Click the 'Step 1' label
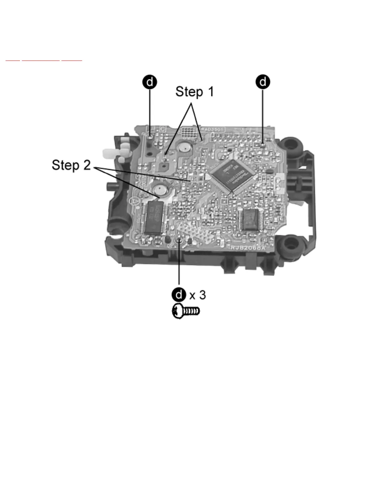tap(194, 92)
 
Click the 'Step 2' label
tap(71, 165)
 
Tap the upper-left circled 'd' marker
tap(150, 82)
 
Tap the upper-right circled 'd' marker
tap(263, 81)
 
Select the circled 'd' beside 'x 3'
tap(179, 295)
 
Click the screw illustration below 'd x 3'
tap(186, 311)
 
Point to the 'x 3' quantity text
tap(198, 295)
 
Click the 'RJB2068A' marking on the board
tap(248, 248)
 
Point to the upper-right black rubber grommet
tap(291, 144)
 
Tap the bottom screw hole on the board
tap(179, 240)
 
